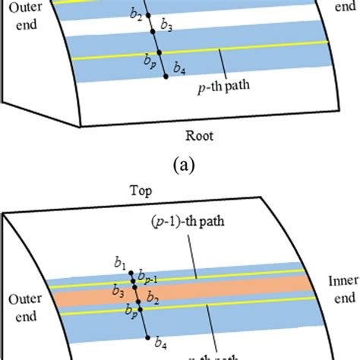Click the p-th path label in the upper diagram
tap(223, 86)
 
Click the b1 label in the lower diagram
tap(120, 264)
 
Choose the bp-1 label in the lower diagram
tap(149, 277)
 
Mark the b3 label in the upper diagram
tap(167, 28)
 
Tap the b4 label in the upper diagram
tap(178, 69)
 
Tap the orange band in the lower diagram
tap(228, 288)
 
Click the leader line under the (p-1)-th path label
tap(198, 258)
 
